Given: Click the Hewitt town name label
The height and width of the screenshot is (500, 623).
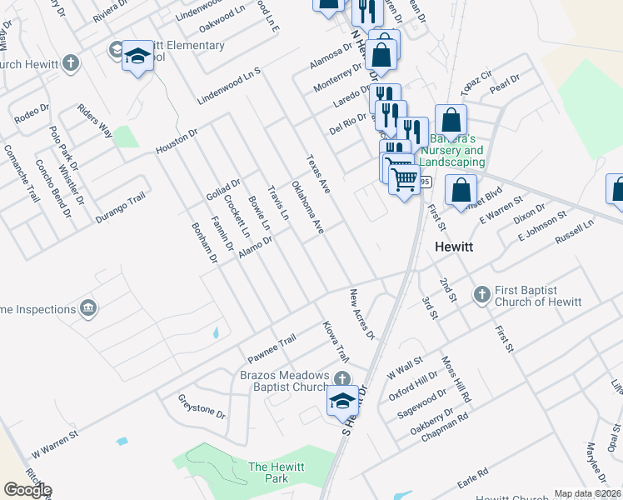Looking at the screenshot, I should click(x=455, y=247).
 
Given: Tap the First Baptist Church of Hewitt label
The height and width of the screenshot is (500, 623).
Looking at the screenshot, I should click(x=538, y=296).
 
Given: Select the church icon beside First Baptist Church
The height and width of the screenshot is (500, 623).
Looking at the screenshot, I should click(x=481, y=294).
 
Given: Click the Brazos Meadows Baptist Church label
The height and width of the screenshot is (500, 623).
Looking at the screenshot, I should click(x=286, y=381).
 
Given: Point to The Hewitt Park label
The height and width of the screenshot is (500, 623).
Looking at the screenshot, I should click(x=268, y=472).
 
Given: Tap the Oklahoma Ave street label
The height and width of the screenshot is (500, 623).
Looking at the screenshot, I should click(x=307, y=206).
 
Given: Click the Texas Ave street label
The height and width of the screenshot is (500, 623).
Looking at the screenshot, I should click(x=318, y=174).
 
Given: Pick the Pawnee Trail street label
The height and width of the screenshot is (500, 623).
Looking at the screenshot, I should click(x=272, y=342).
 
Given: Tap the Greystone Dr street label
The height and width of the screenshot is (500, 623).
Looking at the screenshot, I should click(x=202, y=406).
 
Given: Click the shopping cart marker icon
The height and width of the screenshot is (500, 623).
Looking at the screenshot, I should click(x=404, y=177).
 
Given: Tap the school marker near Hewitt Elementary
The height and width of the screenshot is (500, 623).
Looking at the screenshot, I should click(x=137, y=57).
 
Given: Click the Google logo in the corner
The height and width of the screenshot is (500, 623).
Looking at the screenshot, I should click(x=27, y=490).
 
